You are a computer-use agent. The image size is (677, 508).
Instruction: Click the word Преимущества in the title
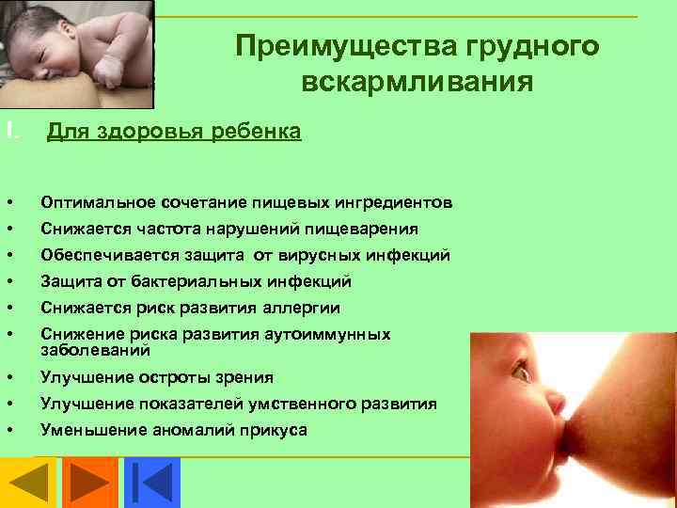[x=346, y=47]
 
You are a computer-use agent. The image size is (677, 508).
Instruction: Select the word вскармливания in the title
[x=417, y=82]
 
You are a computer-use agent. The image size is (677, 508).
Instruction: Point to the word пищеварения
[x=361, y=230]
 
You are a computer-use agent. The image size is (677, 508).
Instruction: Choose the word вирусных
[x=320, y=256]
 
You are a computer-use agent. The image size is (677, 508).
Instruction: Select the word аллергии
[x=302, y=309]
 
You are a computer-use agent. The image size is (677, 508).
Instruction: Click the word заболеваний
[x=95, y=350]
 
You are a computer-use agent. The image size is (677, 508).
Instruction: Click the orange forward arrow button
[x=90, y=483]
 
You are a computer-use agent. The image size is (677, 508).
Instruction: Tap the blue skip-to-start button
[x=152, y=483]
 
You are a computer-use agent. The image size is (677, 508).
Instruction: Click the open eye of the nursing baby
[x=522, y=371]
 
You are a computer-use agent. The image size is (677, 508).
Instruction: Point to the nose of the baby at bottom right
[x=556, y=402]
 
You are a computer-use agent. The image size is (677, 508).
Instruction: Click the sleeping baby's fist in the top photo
[x=106, y=72]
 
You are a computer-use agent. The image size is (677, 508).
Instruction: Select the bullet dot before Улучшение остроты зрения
[x=10, y=377]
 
